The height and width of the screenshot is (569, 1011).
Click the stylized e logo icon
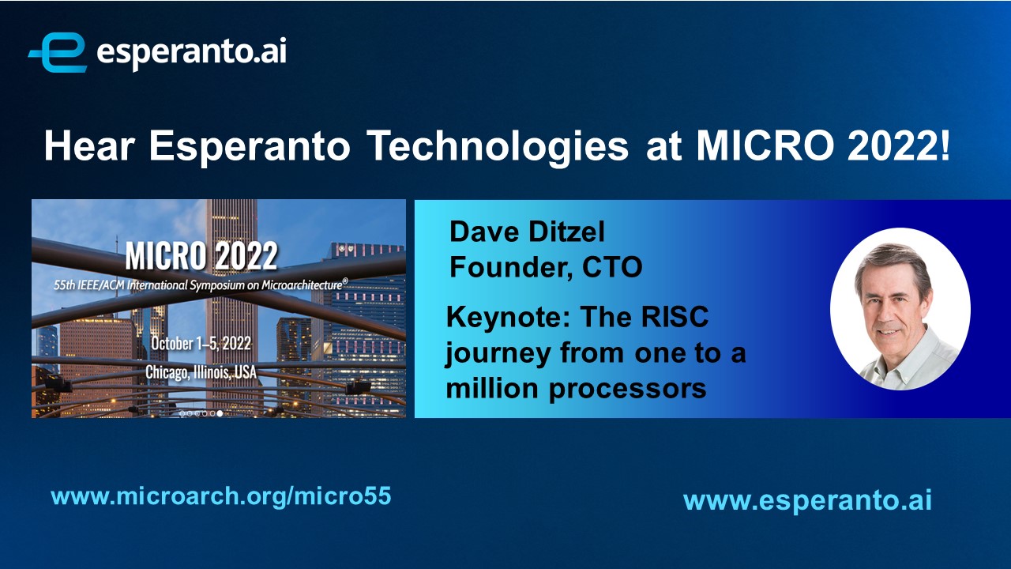58,52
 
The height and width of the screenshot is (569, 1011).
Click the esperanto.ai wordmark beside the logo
191,53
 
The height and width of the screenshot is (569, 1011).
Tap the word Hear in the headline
89,145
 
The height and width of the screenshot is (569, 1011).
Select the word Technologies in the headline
498,147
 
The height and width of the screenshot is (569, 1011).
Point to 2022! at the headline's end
899,145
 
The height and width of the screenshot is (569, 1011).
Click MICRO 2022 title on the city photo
201,255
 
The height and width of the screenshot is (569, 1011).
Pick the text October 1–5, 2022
201,344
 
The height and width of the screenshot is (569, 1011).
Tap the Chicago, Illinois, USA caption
201,372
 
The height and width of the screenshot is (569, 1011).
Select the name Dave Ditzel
527,232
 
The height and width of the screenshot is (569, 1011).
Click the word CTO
612,267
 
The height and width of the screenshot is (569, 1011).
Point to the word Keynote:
509,317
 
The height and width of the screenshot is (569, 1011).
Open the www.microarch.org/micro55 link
221,496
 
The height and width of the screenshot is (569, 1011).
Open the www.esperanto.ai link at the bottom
807,501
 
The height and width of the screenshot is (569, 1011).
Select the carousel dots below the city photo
201,413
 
